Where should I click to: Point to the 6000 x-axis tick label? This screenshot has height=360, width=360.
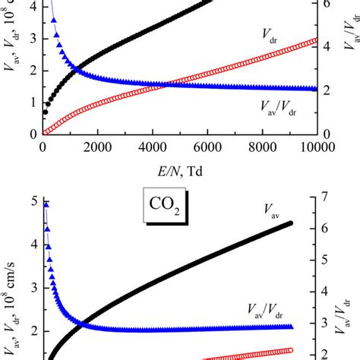[207, 150]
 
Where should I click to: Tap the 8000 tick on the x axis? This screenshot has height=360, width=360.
[262, 150]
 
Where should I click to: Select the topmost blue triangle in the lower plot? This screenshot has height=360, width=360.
[46, 204]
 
